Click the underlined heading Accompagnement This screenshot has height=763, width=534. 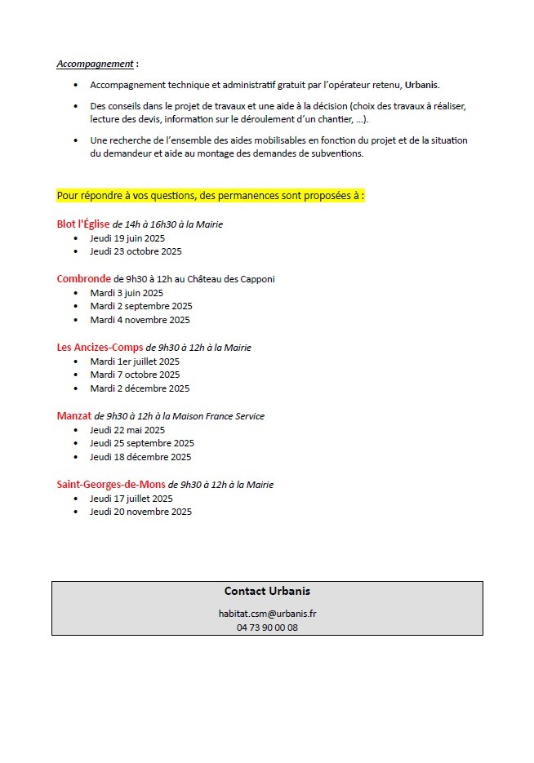click(95, 64)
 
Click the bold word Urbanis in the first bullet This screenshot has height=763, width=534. click(421, 85)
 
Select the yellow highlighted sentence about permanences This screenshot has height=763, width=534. click(211, 196)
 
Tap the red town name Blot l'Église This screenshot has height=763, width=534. click(82, 224)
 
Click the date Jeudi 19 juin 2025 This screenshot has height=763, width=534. click(127, 238)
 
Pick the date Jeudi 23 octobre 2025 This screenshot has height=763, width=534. click(136, 251)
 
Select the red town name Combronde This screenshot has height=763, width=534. click(83, 279)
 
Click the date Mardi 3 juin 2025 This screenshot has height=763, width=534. click(127, 293)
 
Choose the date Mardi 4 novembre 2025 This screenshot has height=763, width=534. click(140, 320)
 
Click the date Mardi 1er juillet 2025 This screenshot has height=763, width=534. click(135, 362)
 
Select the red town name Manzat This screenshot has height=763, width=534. click(73, 416)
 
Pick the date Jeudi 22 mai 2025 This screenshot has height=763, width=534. click(127, 430)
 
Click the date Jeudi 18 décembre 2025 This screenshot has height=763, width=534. click(140, 457)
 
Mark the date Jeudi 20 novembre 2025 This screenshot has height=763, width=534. click(140, 512)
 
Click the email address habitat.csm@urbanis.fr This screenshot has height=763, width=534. click(267, 614)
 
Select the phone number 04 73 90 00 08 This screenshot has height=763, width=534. click(267, 628)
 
